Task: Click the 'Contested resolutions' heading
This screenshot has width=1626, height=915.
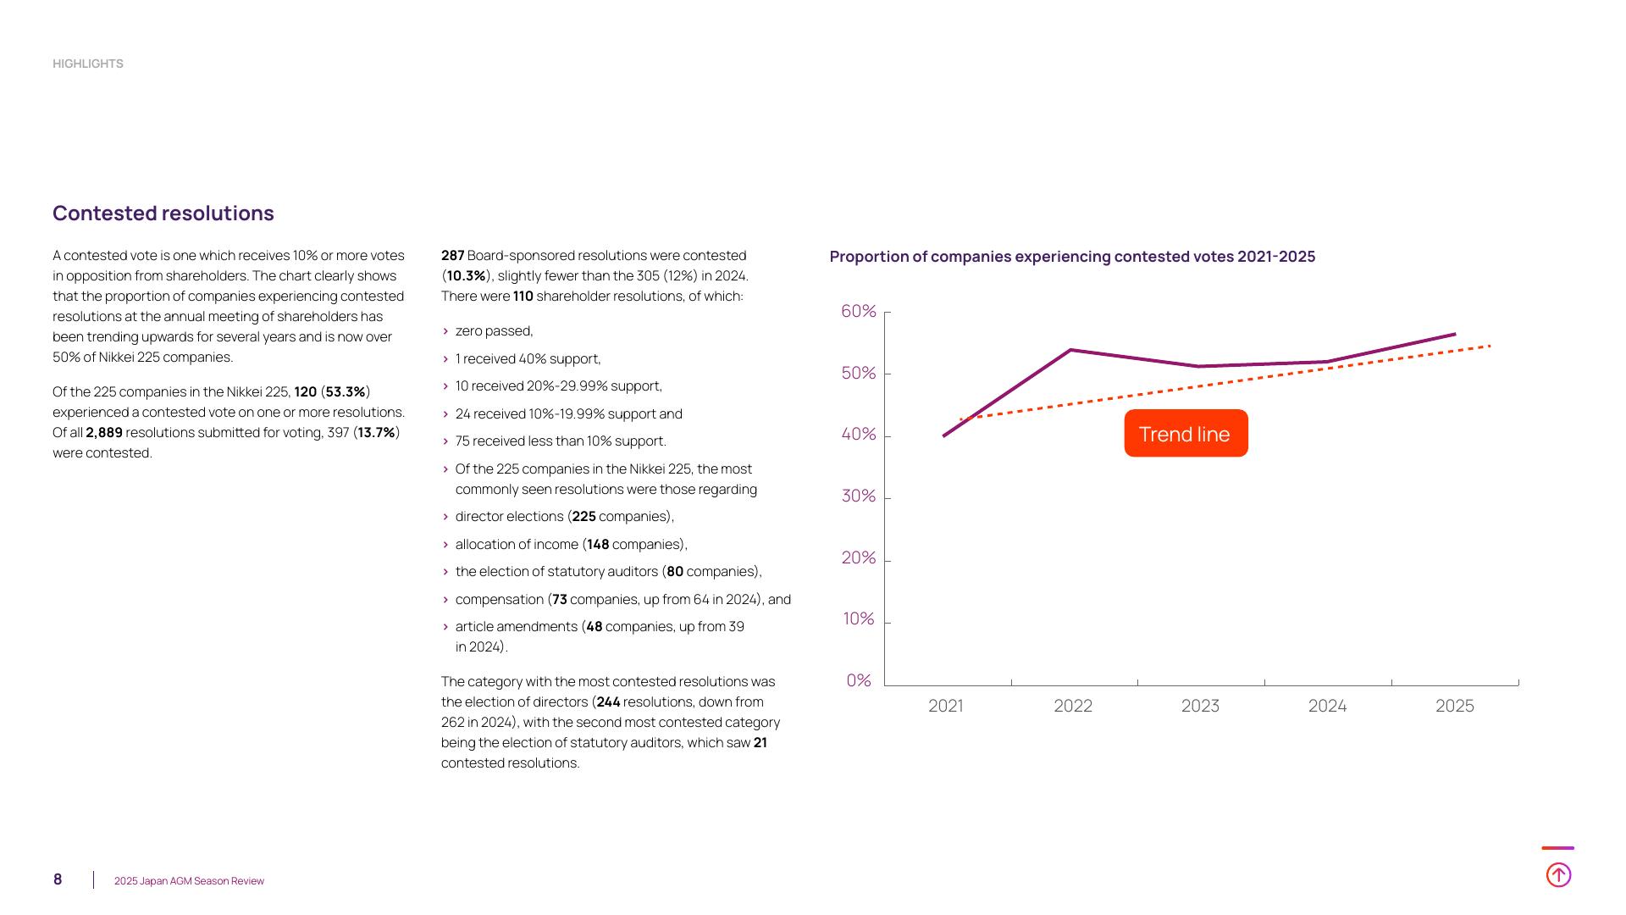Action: (x=163, y=213)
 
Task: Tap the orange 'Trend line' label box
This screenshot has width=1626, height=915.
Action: (x=1186, y=434)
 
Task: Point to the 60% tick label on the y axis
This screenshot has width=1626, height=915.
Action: (x=858, y=312)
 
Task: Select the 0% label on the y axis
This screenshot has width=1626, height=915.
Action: (x=858, y=681)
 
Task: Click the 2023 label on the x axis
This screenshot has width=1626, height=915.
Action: (x=1200, y=707)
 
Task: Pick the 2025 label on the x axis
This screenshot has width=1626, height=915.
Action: (x=1454, y=707)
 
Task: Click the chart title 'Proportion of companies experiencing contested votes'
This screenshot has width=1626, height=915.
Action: (x=1072, y=257)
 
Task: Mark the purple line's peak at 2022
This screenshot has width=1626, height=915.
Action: (x=1071, y=350)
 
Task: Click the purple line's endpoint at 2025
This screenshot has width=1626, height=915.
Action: (x=1454, y=335)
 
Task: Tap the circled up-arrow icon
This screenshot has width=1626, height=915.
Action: (x=1558, y=874)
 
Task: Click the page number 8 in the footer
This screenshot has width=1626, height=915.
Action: (x=58, y=879)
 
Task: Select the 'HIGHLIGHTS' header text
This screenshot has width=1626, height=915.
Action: (x=88, y=64)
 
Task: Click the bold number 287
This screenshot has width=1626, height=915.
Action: (x=452, y=256)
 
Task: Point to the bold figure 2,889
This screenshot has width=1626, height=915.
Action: (x=104, y=433)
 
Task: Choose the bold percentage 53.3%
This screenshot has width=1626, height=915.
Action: (x=346, y=392)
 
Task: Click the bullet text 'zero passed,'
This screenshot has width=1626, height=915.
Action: (x=494, y=331)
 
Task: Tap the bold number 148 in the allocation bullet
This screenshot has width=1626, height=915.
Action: (x=598, y=545)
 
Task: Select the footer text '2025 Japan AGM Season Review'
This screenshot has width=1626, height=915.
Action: (x=189, y=881)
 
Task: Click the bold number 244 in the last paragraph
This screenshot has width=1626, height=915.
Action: (x=608, y=702)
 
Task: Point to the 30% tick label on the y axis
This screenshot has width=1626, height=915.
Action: (x=858, y=496)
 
